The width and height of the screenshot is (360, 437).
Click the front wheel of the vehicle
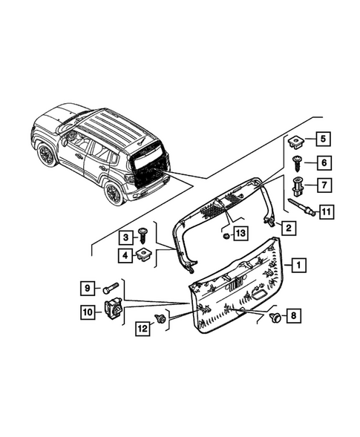[x=48, y=155]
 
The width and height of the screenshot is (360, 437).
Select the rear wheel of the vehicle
[x=114, y=194]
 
